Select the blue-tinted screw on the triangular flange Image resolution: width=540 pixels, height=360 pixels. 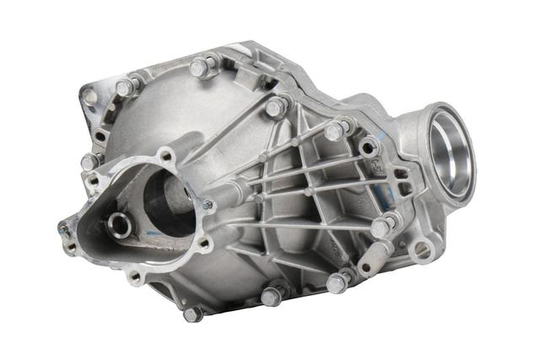[207, 204]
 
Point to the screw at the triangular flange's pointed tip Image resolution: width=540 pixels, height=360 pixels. [63, 228]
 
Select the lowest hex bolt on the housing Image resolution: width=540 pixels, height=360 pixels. [192, 314]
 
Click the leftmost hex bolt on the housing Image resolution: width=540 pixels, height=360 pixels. [89, 161]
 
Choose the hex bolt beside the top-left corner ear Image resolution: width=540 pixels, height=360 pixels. [125, 87]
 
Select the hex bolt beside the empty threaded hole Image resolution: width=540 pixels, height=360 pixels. [334, 132]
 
